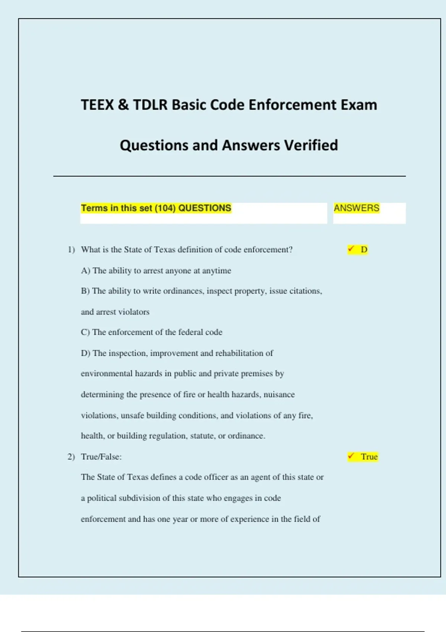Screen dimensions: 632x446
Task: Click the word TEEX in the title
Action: [x=97, y=105]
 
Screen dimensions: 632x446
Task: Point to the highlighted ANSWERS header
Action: [x=356, y=208]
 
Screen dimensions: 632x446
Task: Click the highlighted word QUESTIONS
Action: [x=205, y=208]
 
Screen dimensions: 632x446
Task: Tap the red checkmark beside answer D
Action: [x=351, y=249]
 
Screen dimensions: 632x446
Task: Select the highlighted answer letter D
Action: [x=364, y=249]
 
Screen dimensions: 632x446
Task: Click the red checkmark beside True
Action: [x=351, y=456]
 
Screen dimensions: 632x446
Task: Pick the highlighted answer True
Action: [x=369, y=457]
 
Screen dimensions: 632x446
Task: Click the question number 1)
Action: [x=71, y=249]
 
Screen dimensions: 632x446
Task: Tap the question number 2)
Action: [x=71, y=457]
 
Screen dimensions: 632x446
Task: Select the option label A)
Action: [x=85, y=271]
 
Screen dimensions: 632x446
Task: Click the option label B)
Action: [x=85, y=291]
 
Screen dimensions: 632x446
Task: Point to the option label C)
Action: [x=85, y=332]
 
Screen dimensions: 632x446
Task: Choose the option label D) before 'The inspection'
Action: [x=85, y=353]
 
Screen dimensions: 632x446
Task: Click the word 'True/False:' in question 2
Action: [x=101, y=457]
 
